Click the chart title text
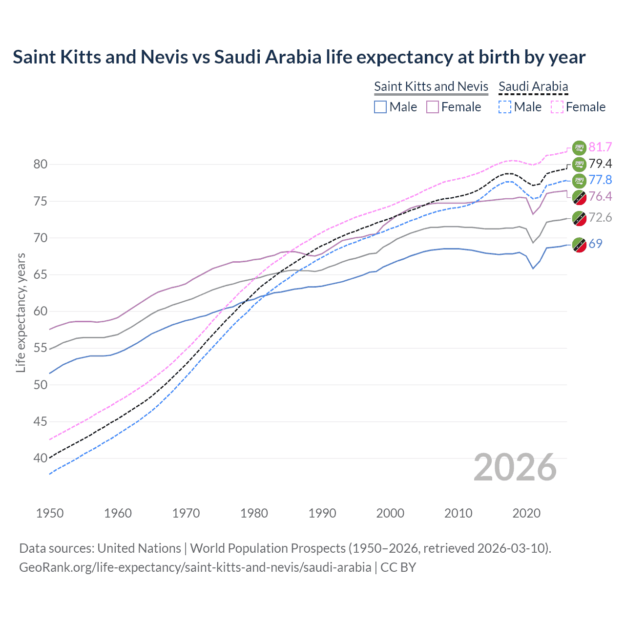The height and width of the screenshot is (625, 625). (299, 57)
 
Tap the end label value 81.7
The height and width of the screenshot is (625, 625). (600, 147)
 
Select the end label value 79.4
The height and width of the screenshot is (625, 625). (600, 164)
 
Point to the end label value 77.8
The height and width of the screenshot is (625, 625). (600, 180)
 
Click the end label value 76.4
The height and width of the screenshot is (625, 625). (600, 196)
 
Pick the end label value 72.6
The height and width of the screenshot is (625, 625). (600, 217)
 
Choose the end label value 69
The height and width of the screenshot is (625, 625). (595, 244)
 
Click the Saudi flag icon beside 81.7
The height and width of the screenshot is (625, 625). (579, 147)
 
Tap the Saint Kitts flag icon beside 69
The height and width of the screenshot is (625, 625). (579, 244)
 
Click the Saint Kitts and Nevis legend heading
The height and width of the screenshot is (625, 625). (431, 86)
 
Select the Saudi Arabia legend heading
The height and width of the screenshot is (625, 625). (533, 86)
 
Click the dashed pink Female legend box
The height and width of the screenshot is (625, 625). (557, 107)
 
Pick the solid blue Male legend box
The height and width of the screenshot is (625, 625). (380, 107)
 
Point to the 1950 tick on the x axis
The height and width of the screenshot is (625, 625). (50, 513)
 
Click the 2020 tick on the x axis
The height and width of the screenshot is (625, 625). (526, 513)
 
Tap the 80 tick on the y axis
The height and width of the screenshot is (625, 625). (41, 165)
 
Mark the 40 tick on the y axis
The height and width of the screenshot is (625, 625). (41, 458)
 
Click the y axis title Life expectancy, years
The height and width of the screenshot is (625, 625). (21, 312)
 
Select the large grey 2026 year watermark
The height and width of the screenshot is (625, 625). (515, 467)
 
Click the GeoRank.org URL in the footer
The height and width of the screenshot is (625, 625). (195, 567)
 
